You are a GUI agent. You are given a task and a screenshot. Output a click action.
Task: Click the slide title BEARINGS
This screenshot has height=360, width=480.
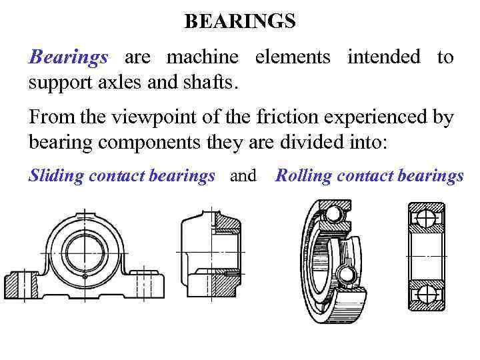click(239, 21)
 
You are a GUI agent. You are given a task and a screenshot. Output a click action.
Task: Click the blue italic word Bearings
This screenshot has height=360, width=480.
click(68, 57)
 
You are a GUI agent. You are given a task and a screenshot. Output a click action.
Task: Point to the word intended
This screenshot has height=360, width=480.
click(383, 57)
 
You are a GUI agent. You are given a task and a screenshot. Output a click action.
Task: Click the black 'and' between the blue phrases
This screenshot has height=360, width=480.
click(243, 176)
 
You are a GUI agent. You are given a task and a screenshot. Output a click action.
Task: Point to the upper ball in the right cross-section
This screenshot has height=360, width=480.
click(426, 218)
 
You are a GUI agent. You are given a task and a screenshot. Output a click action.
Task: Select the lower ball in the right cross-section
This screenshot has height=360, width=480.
click(426, 292)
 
